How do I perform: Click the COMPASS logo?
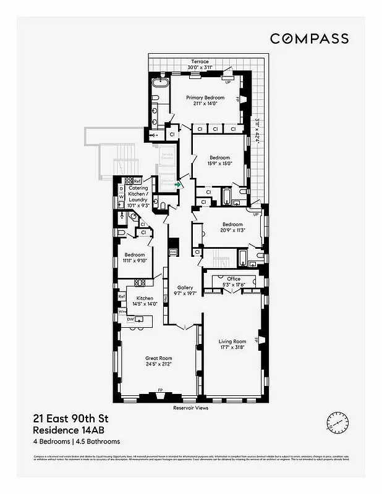pyautogui.click(x=309, y=38)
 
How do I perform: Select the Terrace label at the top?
pyautogui.click(x=200, y=62)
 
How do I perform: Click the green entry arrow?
pyautogui.click(x=179, y=184)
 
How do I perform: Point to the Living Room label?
pyautogui.click(x=232, y=341)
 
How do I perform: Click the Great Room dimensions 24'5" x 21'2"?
pyautogui.click(x=158, y=364)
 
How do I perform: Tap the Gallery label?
pyautogui.click(x=185, y=288)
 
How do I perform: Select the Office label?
pyautogui.click(x=233, y=278)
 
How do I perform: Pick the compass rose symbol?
pyautogui.click(x=336, y=423)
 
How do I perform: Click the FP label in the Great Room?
pyautogui.click(x=159, y=390)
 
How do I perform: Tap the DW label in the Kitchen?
pyautogui.click(x=130, y=319)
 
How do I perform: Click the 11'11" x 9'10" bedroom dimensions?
pyautogui.click(x=134, y=261)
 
